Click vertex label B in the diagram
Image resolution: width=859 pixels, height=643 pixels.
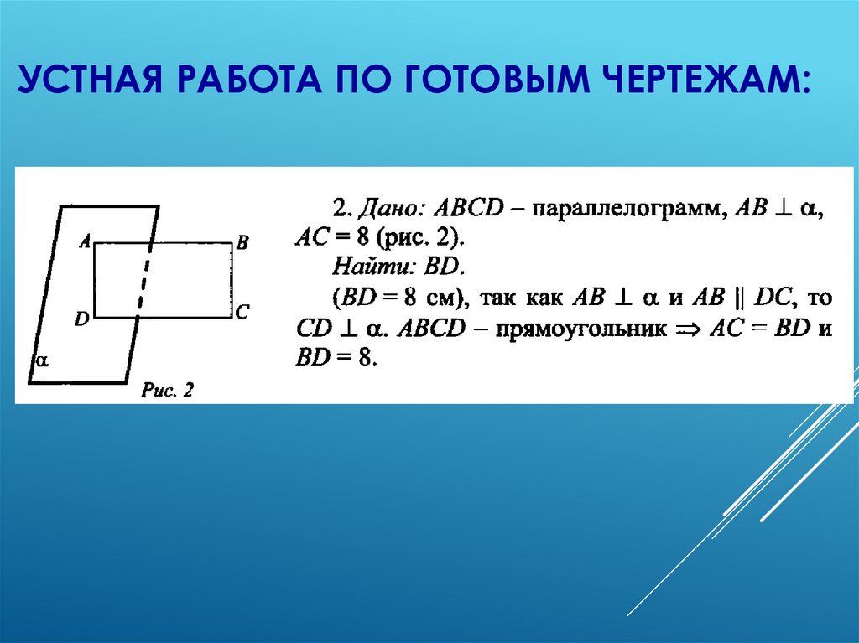tap(242, 243)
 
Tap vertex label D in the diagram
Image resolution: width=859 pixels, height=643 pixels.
tap(81, 319)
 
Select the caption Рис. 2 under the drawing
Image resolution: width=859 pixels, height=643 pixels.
tap(167, 391)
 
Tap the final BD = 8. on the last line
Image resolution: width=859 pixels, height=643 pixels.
tap(333, 359)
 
